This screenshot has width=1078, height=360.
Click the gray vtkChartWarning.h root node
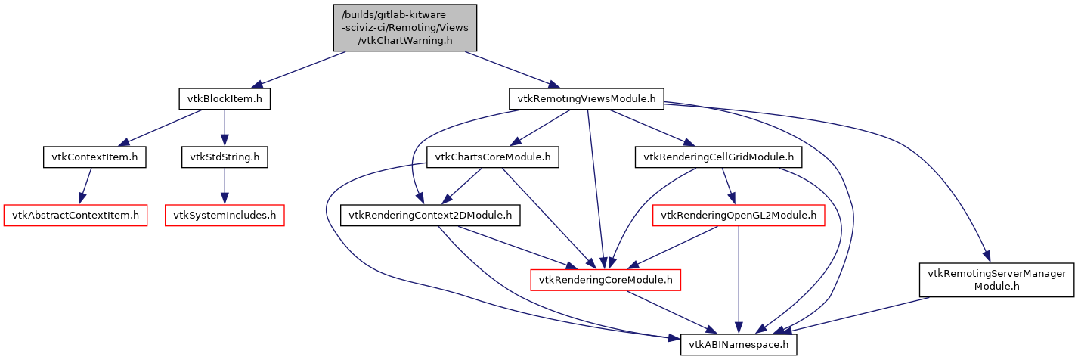coord(405,28)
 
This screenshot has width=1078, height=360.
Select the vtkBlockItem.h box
coord(225,98)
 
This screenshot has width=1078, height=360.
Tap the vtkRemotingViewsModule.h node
coord(587,98)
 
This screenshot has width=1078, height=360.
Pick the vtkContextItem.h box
coord(94,157)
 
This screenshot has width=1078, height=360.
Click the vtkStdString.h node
coord(224,157)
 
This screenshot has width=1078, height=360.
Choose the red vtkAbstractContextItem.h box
coord(76,216)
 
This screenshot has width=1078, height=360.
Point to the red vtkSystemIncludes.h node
coord(225,216)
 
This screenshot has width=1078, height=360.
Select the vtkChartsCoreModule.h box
coord(493,157)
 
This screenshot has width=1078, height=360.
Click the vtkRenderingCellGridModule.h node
coord(718,157)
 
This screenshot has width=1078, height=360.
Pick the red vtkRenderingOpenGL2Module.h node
coord(739,216)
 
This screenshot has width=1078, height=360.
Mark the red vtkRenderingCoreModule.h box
coord(606,280)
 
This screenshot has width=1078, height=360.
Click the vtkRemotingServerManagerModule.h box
coord(994,280)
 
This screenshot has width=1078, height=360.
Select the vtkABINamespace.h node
coord(739,345)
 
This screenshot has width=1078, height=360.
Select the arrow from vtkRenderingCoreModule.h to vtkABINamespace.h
coord(673,312)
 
